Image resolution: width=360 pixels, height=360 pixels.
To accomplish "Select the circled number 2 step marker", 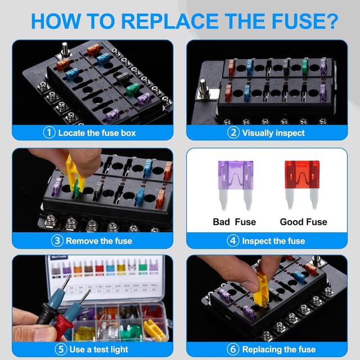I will click(x=233, y=133).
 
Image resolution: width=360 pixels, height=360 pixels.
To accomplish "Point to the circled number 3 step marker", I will click(x=57, y=241).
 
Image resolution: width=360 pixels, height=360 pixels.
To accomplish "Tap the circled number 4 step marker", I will click(x=233, y=241).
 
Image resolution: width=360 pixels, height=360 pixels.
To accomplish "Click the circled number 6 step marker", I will click(x=233, y=349).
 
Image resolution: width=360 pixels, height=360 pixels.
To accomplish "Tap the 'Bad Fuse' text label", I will click(x=234, y=222).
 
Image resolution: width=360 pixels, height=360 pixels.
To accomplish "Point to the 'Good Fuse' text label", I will click(x=304, y=222).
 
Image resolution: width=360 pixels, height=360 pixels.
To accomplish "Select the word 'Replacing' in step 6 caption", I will click(x=263, y=349).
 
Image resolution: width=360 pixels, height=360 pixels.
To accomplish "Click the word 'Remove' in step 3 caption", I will click(x=83, y=241).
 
